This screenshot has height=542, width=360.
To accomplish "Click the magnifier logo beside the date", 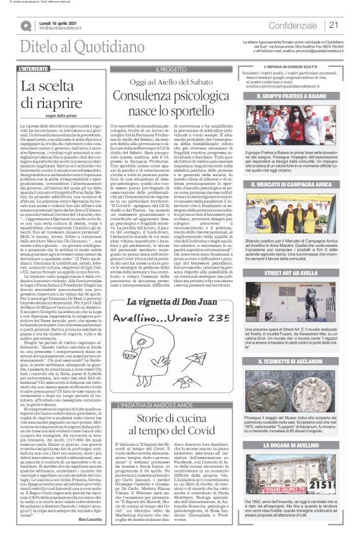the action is tap(26, 25).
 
